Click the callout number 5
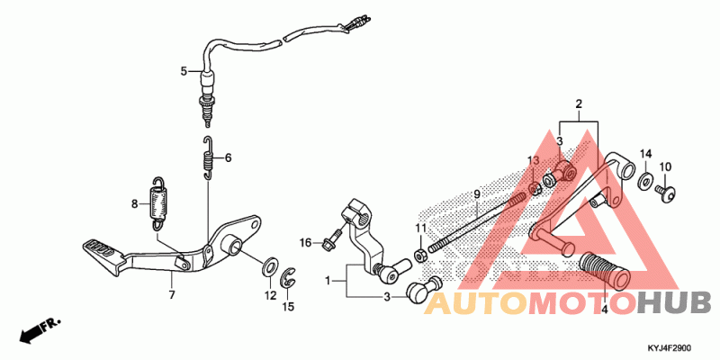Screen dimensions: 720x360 click(184, 70)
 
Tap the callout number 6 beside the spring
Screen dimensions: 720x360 click(228, 157)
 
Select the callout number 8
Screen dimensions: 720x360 click(135, 203)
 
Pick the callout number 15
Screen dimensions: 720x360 click(288, 307)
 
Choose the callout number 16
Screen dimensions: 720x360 click(306, 243)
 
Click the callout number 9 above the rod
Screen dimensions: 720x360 click(477, 194)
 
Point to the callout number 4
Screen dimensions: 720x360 click(605, 309)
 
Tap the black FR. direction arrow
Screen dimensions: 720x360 click(33, 330)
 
